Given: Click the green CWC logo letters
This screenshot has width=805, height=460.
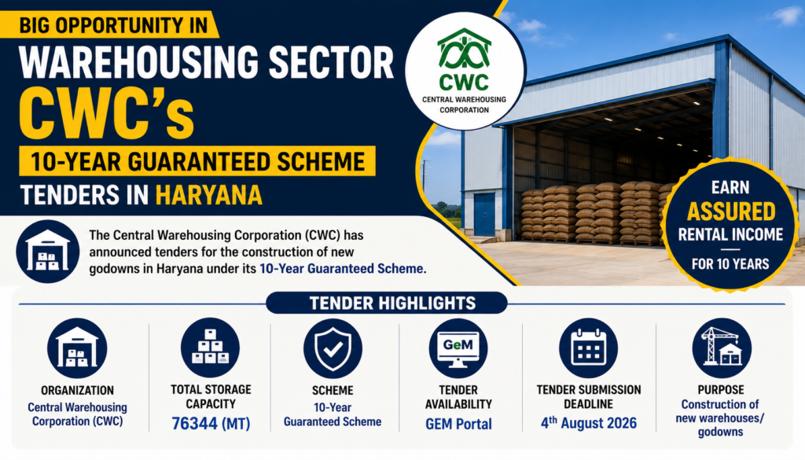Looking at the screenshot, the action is [464, 82].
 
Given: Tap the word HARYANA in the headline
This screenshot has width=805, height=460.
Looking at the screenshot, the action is [208, 196].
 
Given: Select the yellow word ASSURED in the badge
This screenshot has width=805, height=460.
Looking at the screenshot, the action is [731, 212].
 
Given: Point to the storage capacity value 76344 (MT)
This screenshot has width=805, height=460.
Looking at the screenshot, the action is [211, 424].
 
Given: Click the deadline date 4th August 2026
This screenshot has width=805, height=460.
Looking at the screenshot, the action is [588, 423].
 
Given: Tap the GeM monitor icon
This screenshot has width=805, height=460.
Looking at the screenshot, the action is [458, 348].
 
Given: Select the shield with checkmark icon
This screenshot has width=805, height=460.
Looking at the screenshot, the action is [333, 348].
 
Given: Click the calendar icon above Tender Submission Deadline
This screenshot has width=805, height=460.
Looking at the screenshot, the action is [588, 348].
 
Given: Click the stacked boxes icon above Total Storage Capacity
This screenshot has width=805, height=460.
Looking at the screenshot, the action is [210, 348].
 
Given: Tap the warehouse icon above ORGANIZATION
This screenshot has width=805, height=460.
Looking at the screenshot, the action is [77, 348].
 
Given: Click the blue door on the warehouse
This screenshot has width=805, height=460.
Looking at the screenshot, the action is [484, 214].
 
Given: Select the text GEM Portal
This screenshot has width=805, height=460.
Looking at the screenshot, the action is [458, 424].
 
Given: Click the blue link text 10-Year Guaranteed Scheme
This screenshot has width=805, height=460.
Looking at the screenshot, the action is [342, 268].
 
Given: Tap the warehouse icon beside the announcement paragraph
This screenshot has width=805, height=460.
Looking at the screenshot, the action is [48, 252].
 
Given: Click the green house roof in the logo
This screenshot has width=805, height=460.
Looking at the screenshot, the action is [464, 39].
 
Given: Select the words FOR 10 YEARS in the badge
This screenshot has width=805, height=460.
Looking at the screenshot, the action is [730, 264].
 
